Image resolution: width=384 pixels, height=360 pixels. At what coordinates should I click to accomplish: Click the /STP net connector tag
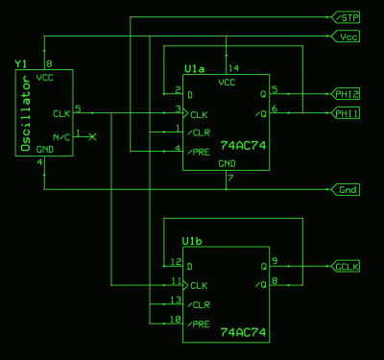[347, 17]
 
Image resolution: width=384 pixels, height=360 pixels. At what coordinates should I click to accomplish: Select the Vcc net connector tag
[347, 36]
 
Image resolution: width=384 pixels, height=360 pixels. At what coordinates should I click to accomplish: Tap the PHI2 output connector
[347, 94]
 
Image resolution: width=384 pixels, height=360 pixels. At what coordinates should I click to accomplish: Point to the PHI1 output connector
[347, 113]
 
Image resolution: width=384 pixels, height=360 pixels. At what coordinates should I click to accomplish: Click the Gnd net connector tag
[347, 189]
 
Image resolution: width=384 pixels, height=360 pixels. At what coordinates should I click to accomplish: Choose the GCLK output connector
[347, 266]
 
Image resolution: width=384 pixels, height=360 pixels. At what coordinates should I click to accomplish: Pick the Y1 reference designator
[21, 63]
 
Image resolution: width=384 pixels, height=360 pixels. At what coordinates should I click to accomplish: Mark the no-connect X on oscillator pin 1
[92, 138]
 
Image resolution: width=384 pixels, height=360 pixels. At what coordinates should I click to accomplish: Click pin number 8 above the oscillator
[48, 63]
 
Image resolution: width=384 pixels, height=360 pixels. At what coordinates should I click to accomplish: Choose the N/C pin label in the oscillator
[61, 138]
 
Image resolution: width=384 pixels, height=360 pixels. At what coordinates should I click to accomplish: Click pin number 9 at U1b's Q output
[275, 261]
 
